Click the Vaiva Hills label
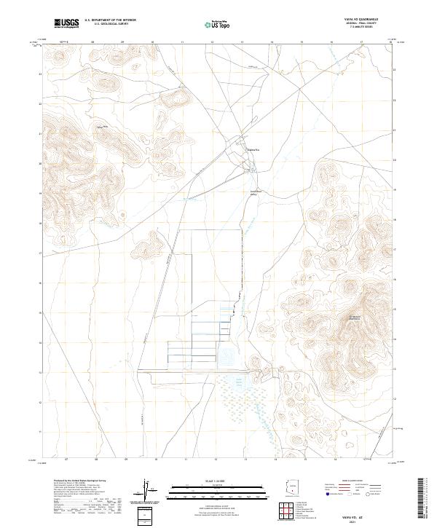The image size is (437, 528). pos(103,127)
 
